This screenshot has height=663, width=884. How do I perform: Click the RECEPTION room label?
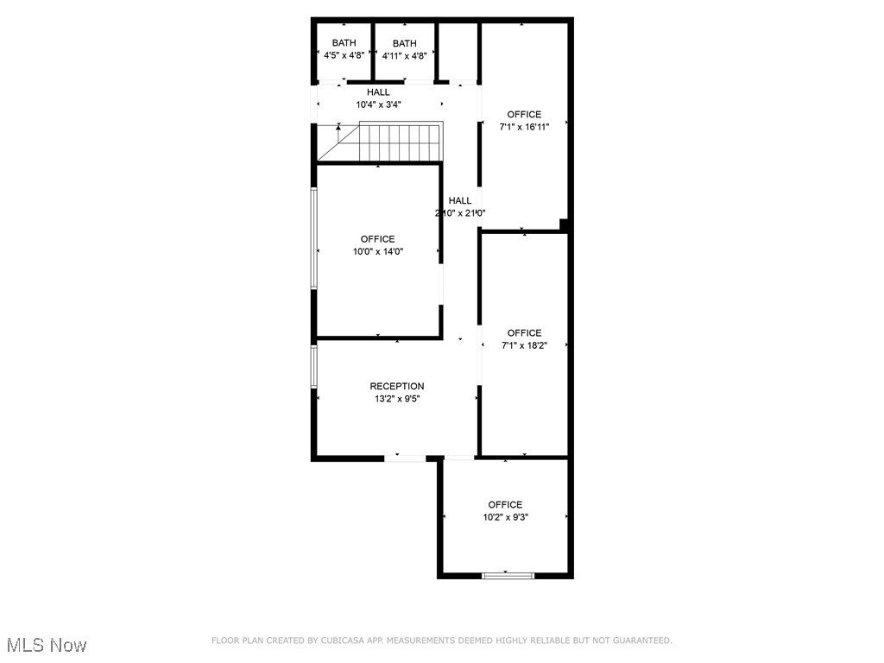coord(397,386)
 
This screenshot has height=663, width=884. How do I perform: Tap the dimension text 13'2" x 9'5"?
coord(397,399)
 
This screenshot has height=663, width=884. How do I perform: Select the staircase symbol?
coord(380,142)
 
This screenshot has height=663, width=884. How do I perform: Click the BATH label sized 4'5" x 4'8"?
coord(344,43)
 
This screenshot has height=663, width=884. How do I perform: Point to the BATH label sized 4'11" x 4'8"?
coord(405,43)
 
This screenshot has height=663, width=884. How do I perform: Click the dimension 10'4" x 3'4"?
coord(378,104)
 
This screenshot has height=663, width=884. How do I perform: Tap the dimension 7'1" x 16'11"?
coord(524,127)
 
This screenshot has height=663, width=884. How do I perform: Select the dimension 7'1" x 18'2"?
coord(524,345)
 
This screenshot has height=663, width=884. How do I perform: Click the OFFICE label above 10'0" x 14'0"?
coord(378,239)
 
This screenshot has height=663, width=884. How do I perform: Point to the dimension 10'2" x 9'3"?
coord(506,518)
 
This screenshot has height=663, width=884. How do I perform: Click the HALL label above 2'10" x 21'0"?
coord(460,200)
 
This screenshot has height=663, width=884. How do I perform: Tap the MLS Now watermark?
coord(47,645)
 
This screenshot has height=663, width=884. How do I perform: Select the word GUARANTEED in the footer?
coord(642,641)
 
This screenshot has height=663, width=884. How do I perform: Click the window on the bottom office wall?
coord(508,576)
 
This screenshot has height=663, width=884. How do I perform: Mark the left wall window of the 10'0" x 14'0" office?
coord(314,239)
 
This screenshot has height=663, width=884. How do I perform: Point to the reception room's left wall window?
coord(314,366)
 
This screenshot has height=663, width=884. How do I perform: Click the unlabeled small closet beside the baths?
coord(458,52)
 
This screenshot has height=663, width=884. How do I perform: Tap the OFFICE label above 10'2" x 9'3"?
coord(505,504)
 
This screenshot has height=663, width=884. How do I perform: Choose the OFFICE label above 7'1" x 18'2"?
coord(524,332)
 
